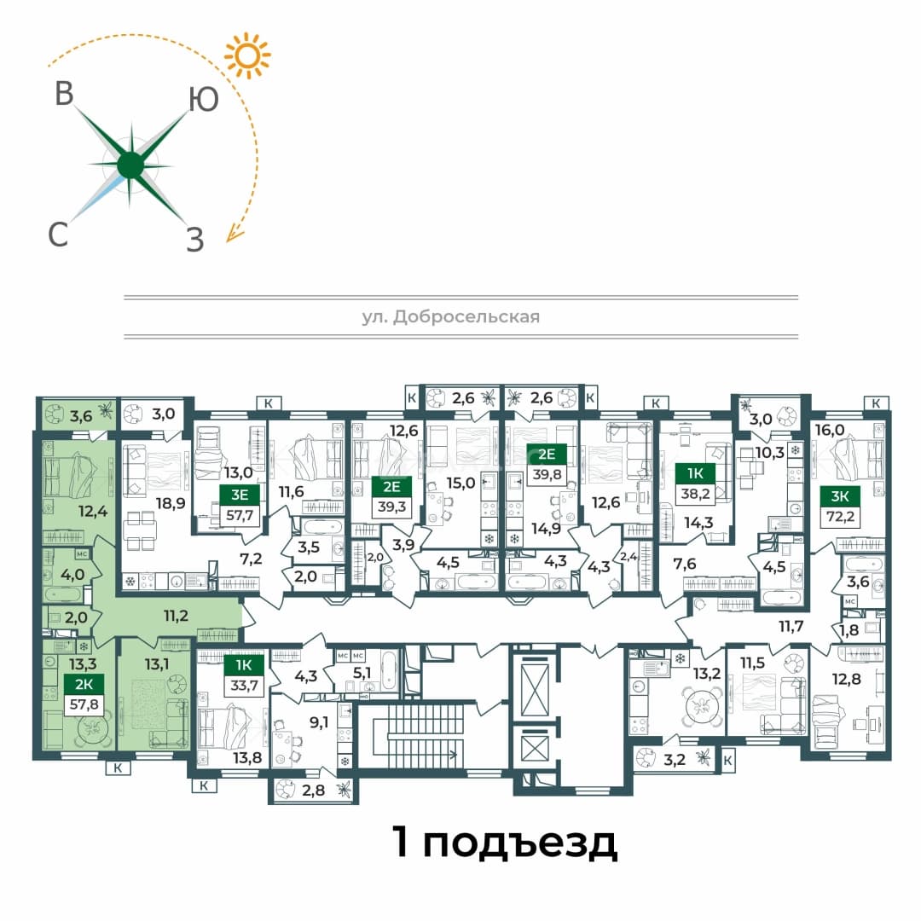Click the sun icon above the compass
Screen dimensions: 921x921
tap(247, 55)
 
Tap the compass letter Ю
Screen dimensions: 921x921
tap(203, 99)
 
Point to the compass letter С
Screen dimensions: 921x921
tap(58, 234)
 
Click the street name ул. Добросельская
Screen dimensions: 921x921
tap(450, 317)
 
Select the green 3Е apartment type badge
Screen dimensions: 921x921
tap(239, 495)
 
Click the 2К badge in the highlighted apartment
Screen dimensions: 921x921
tap(84, 684)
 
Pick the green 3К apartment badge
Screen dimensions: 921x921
tap(839, 496)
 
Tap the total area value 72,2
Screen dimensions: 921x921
tap(840, 517)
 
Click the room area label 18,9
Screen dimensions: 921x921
tap(171, 503)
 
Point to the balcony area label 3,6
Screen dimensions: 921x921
tap(80, 416)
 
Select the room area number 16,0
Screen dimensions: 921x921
tap(830, 430)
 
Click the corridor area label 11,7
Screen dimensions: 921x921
tap(791, 626)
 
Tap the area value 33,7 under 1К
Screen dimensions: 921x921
tap(244, 685)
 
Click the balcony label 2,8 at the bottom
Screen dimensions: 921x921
tap(313, 790)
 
